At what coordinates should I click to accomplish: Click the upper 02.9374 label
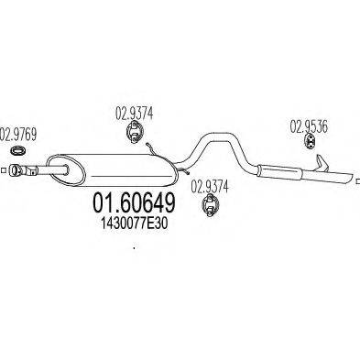click(134, 115)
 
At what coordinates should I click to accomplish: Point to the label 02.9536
click(310, 127)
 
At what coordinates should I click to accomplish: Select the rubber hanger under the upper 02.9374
click(133, 136)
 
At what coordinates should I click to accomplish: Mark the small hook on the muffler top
click(154, 149)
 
